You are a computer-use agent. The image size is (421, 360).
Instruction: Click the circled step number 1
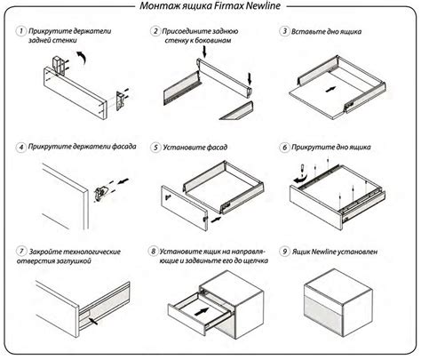coord(20,31)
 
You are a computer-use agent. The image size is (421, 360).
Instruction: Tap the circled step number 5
coord(155,148)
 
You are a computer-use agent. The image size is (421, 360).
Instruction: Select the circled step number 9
coord(284,252)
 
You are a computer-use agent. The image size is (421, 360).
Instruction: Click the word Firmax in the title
coord(230,5)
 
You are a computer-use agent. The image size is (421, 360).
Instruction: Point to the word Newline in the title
coord(265,5)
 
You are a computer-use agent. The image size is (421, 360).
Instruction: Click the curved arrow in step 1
coord(82,58)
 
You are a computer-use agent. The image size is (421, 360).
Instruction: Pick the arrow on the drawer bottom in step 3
coord(330,89)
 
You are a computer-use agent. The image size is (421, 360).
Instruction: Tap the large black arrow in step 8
coord(202,312)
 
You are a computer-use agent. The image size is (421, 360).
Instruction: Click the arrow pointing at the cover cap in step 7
coord(93,321)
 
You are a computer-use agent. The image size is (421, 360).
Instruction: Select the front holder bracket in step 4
coord(100,193)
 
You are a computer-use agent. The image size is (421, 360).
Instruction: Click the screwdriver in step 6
coord(303,169)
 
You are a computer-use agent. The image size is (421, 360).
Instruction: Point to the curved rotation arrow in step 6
coord(298,178)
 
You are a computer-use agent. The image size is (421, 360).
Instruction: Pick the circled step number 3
coord(284,31)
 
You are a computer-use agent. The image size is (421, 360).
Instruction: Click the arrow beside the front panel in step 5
coord(217,220)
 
